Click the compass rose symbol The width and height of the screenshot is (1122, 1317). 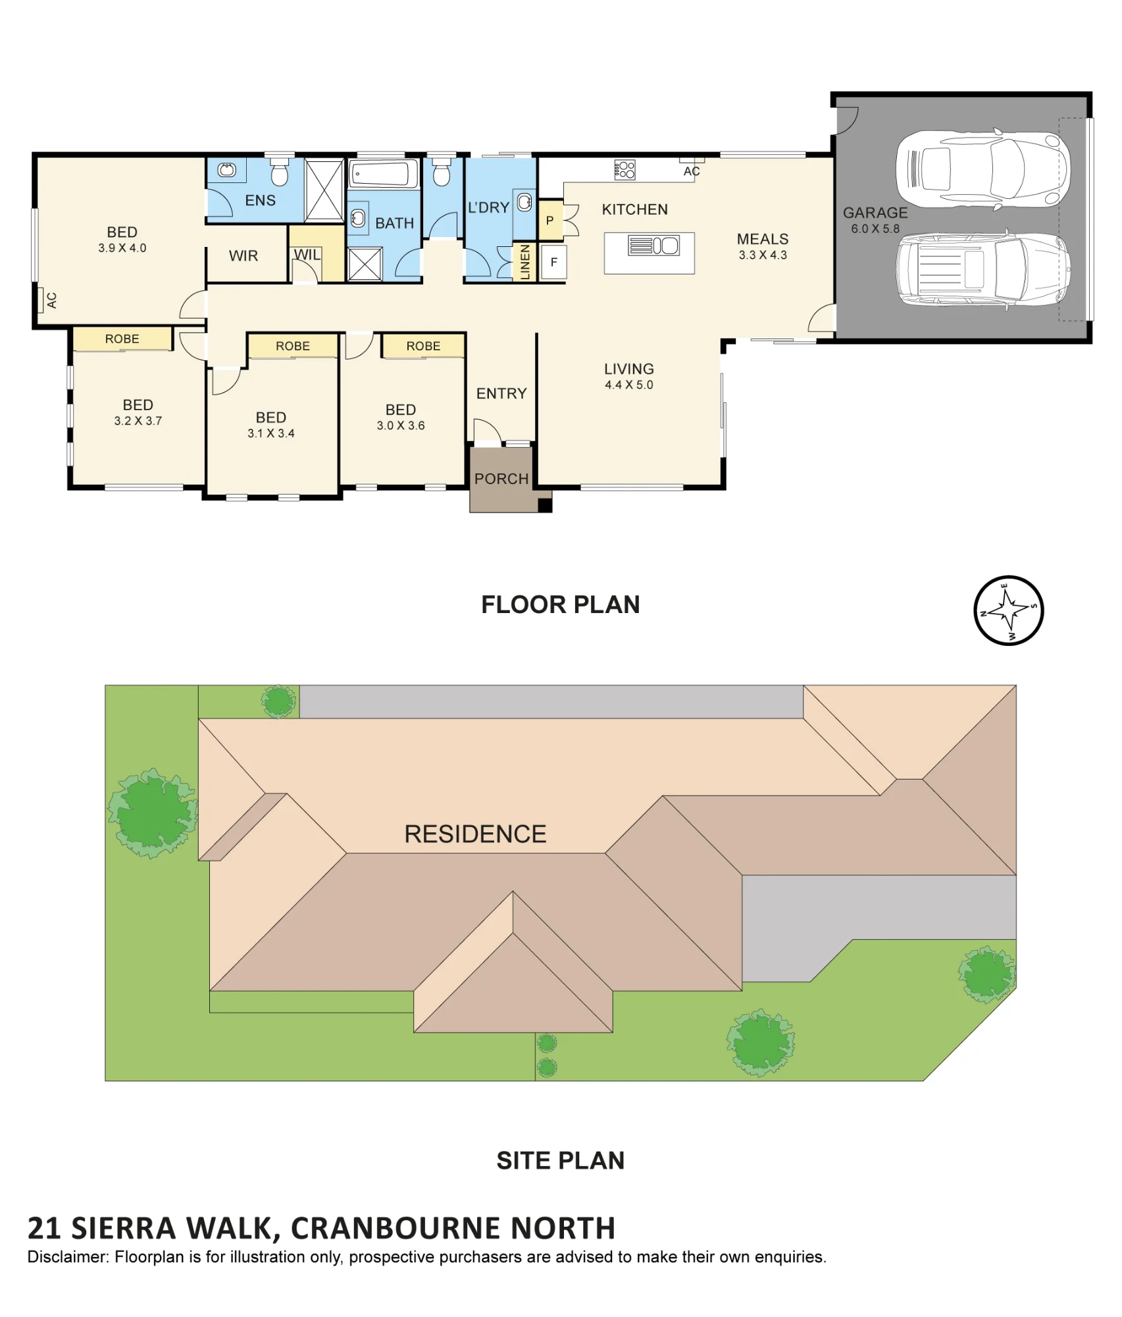click(x=1008, y=610)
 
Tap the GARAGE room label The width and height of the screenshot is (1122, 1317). click(x=875, y=213)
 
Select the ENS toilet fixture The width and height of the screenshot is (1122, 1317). click(x=280, y=171)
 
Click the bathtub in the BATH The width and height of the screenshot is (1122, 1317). click(x=384, y=174)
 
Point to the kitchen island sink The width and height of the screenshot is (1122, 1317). click(x=666, y=246)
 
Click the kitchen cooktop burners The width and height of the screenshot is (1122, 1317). click(x=625, y=170)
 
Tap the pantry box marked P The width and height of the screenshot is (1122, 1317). click(x=550, y=221)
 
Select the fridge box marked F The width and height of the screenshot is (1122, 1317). click(x=554, y=261)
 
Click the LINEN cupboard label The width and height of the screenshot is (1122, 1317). click(x=525, y=261)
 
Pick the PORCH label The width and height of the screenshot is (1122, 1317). click(x=501, y=479)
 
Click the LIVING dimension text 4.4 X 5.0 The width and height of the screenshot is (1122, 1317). click(x=629, y=385)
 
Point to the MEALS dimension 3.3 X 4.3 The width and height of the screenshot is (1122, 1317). click(x=763, y=255)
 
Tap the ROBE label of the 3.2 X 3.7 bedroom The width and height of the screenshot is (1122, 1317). click(x=122, y=338)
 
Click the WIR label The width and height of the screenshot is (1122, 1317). click(x=243, y=255)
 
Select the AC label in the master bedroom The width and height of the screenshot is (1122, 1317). click(x=51, y=301)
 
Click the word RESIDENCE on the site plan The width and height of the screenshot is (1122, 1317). click(x=475, y=834)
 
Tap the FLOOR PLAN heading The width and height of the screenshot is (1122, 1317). click(x=561, y=605)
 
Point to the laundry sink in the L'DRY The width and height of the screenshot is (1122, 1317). click(x=524, y=202)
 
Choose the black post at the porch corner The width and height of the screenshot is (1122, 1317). click(x=545, y=506)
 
